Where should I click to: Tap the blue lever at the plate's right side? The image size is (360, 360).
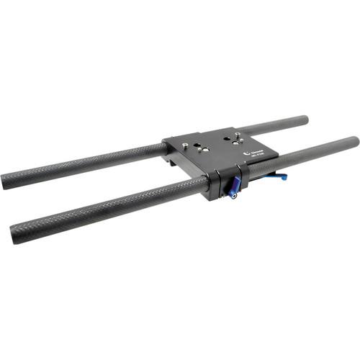(277, 176)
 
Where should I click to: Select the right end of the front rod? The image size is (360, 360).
(354, 142)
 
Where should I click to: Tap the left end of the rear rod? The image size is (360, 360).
(6, 181)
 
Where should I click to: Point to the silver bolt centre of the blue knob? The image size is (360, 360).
(234, 191)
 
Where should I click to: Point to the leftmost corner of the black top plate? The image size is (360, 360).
(163, 141)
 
